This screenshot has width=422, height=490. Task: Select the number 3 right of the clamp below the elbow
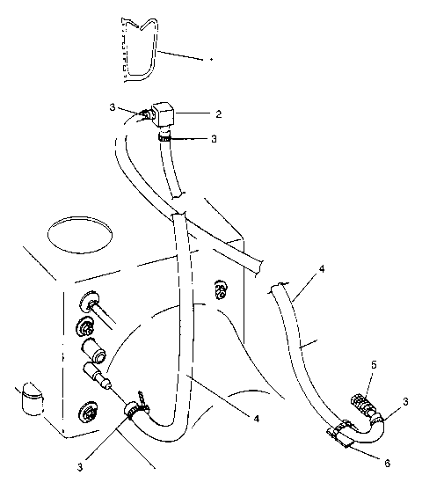pos(215,138)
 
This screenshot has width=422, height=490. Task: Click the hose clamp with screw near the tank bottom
pos(134,407)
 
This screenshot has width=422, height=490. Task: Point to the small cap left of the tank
pos(33,397)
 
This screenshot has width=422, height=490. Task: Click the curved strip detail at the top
pos(141,53)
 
